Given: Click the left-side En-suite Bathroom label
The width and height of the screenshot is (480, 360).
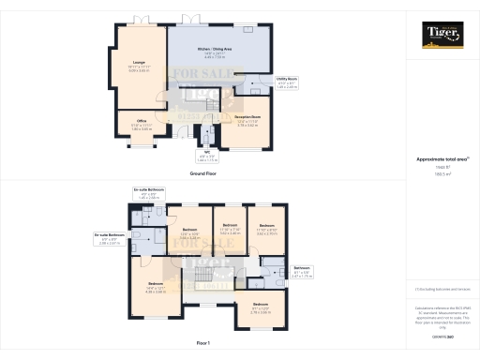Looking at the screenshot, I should coord(110,235).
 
